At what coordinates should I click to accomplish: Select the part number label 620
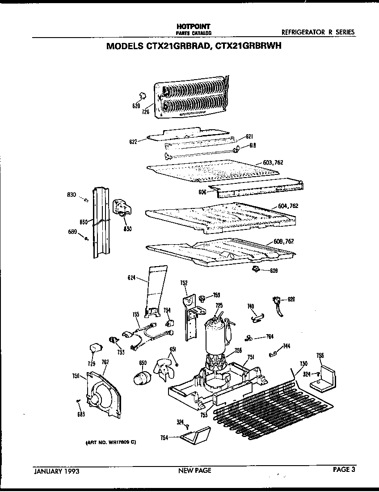136,106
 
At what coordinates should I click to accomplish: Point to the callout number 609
274,270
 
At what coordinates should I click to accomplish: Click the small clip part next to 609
256,268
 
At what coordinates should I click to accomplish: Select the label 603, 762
273,162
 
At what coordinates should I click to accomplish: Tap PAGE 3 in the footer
344,470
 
